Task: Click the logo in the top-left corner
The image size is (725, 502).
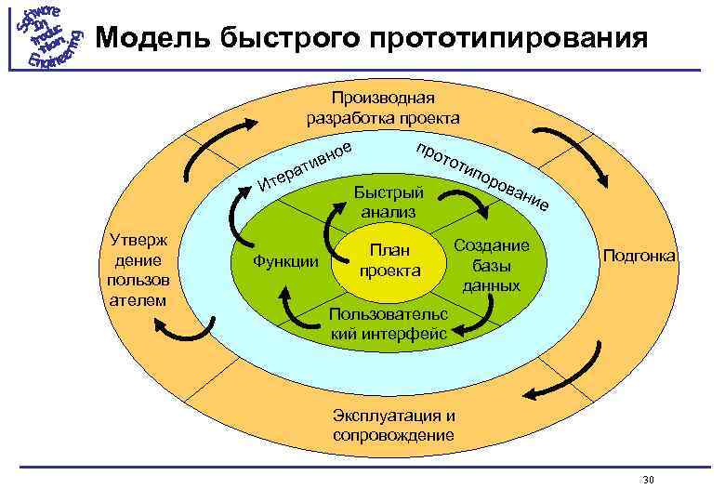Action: click(46, 37)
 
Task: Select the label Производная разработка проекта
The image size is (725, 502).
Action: click(383, 108)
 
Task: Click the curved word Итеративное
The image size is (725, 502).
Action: click(306, 162)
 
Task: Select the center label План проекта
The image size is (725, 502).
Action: click(390, 259)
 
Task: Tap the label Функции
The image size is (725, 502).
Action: click(284, 261)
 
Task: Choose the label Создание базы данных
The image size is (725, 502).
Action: click(491, 265)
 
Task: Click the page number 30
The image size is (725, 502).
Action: click(649, 480)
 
